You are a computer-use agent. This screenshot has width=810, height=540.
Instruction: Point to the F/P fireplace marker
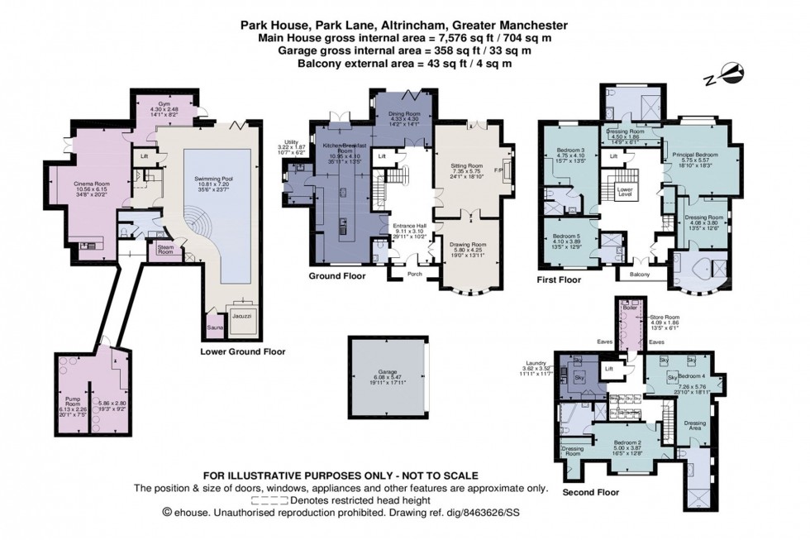498,171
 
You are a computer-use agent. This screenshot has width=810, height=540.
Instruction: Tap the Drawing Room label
469,245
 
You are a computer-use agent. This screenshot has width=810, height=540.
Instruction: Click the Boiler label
628,308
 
